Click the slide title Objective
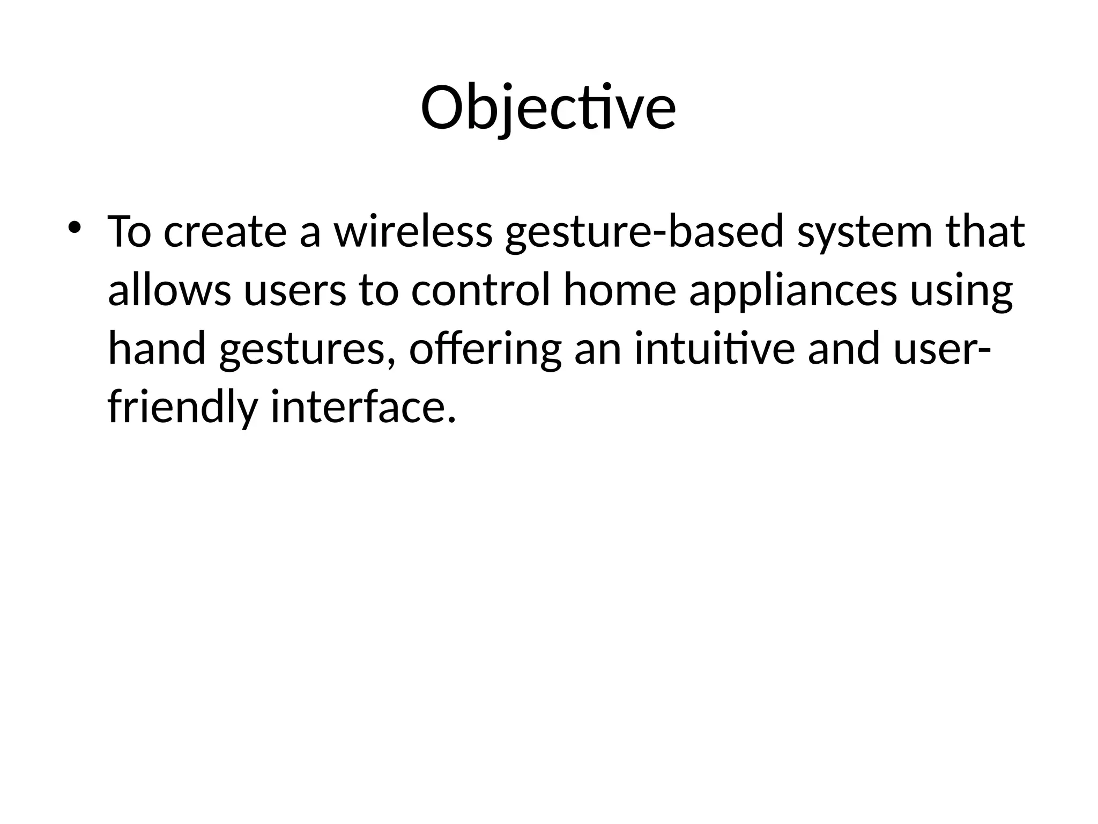pos(548,108)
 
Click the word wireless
pos(413,232)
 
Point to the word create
pos(225,232)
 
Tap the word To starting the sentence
pos(129,232)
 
